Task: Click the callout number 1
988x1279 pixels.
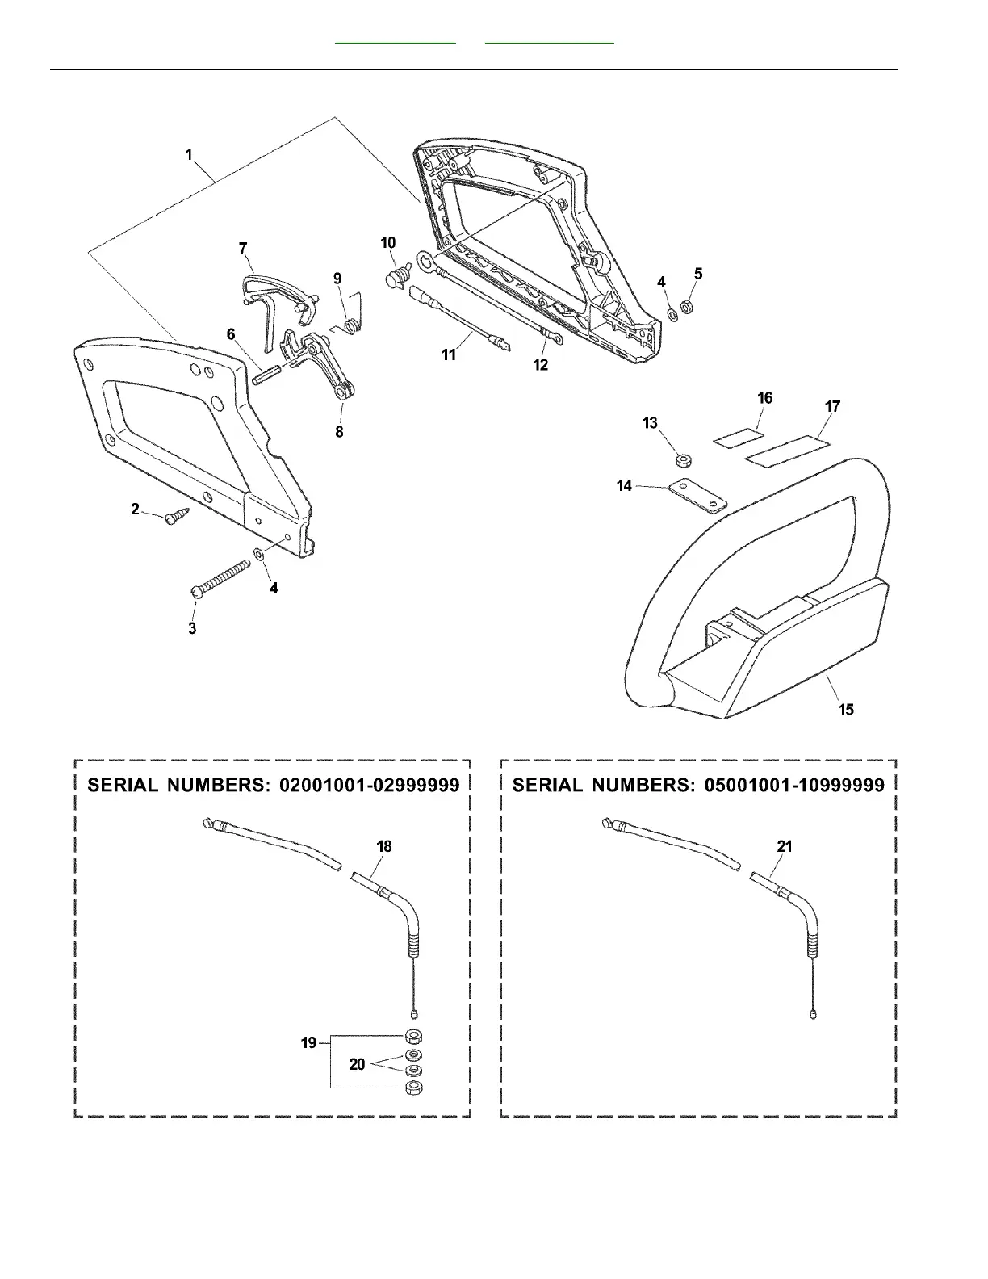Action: pos(189,154)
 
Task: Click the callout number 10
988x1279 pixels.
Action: pos(388,243)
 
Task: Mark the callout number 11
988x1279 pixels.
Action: pos(449,354)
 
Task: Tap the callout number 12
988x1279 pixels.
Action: pos(541,365)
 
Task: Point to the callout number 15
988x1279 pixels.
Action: pos(846,709)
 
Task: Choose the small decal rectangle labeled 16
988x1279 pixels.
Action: pos(739,437)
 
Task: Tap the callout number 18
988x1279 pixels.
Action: pos(384,846)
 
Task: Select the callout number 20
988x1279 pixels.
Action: pos(357,1064)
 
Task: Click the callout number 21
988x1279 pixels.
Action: pos(785,846)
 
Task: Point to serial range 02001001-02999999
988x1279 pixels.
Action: pos(369,785)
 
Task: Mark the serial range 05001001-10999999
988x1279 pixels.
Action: pos(794,785)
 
